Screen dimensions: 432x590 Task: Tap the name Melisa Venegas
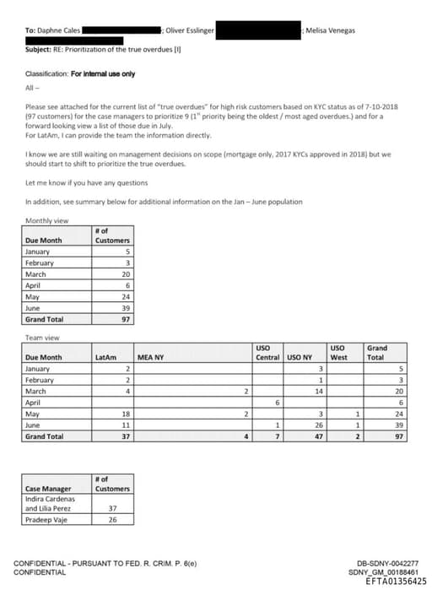(x=331, y=30)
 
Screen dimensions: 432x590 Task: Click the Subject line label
(x=39, y=49)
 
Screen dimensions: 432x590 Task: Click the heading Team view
(x=43, y=338)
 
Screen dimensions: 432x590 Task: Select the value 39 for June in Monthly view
(x=127, y=309)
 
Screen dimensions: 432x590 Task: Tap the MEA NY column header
(x=149, y=357)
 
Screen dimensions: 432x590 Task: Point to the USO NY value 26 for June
(x=320, y=425)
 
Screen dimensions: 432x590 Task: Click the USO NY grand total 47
(x=320, y=436)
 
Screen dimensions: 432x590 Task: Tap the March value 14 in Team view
(x=320, y=392)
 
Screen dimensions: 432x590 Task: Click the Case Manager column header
(x=47, y=489)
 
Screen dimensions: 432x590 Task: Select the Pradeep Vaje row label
(x=46, y=519)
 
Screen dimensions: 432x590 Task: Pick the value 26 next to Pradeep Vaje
(x=112, y=519)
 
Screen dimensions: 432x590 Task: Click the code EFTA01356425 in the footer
(x=391, y=580)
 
